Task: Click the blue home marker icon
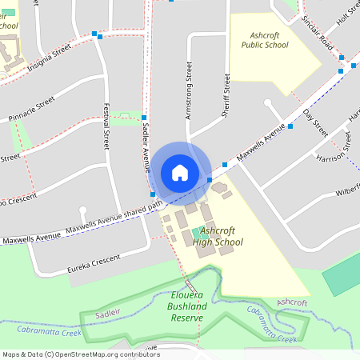(180, 172)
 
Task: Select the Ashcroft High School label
(217, 235)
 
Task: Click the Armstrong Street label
(190, 93)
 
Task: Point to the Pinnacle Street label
(28, 107)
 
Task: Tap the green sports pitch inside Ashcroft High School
(198, 234)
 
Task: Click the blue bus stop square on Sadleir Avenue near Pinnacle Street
(144, 118)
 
